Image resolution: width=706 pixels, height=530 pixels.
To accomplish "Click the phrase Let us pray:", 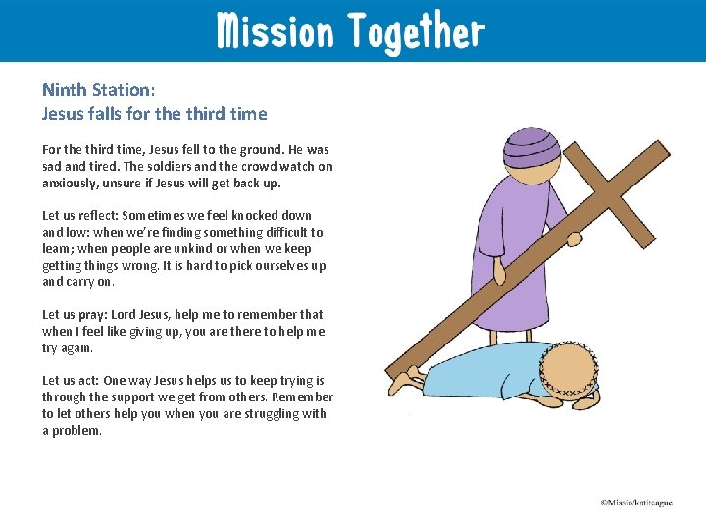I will pos(75,315).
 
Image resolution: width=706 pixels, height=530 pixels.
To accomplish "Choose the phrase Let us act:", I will pos(71,381).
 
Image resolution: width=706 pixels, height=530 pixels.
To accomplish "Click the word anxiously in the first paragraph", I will pos(70,184).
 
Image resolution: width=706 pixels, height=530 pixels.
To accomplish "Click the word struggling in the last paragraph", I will pos(274,414).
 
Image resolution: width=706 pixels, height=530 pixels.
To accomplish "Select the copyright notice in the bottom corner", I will pos(637,503).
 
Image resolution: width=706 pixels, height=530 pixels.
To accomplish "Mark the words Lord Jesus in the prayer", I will pos(140,315).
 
